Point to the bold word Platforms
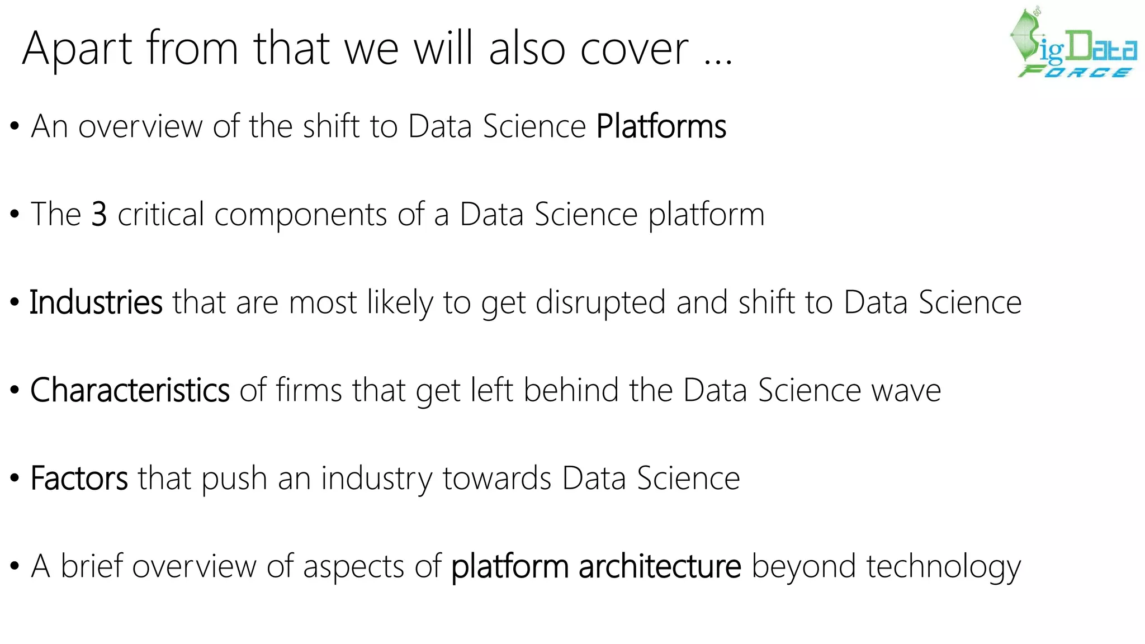pyautogui.click(x=661, y=126)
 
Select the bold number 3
pyautogui.click(x=99, y=214)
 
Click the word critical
pyautogui.click(x=161, y=214)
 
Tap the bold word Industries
pyautogui.click(x=96, y=302)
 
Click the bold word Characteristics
pyautogui.click(x=130, y=390)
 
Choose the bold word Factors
pyautogui.click(x=79, y=479)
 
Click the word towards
pyautogui.click(x=497, y=479)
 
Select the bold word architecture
pyautogui.click(x=660, y=566)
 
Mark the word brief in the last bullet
pyautogui.click(x=92, y=566)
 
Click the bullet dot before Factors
pyautogui.click(x=15, y=479)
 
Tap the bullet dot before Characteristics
pyautogui.click(x=15, y=390)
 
